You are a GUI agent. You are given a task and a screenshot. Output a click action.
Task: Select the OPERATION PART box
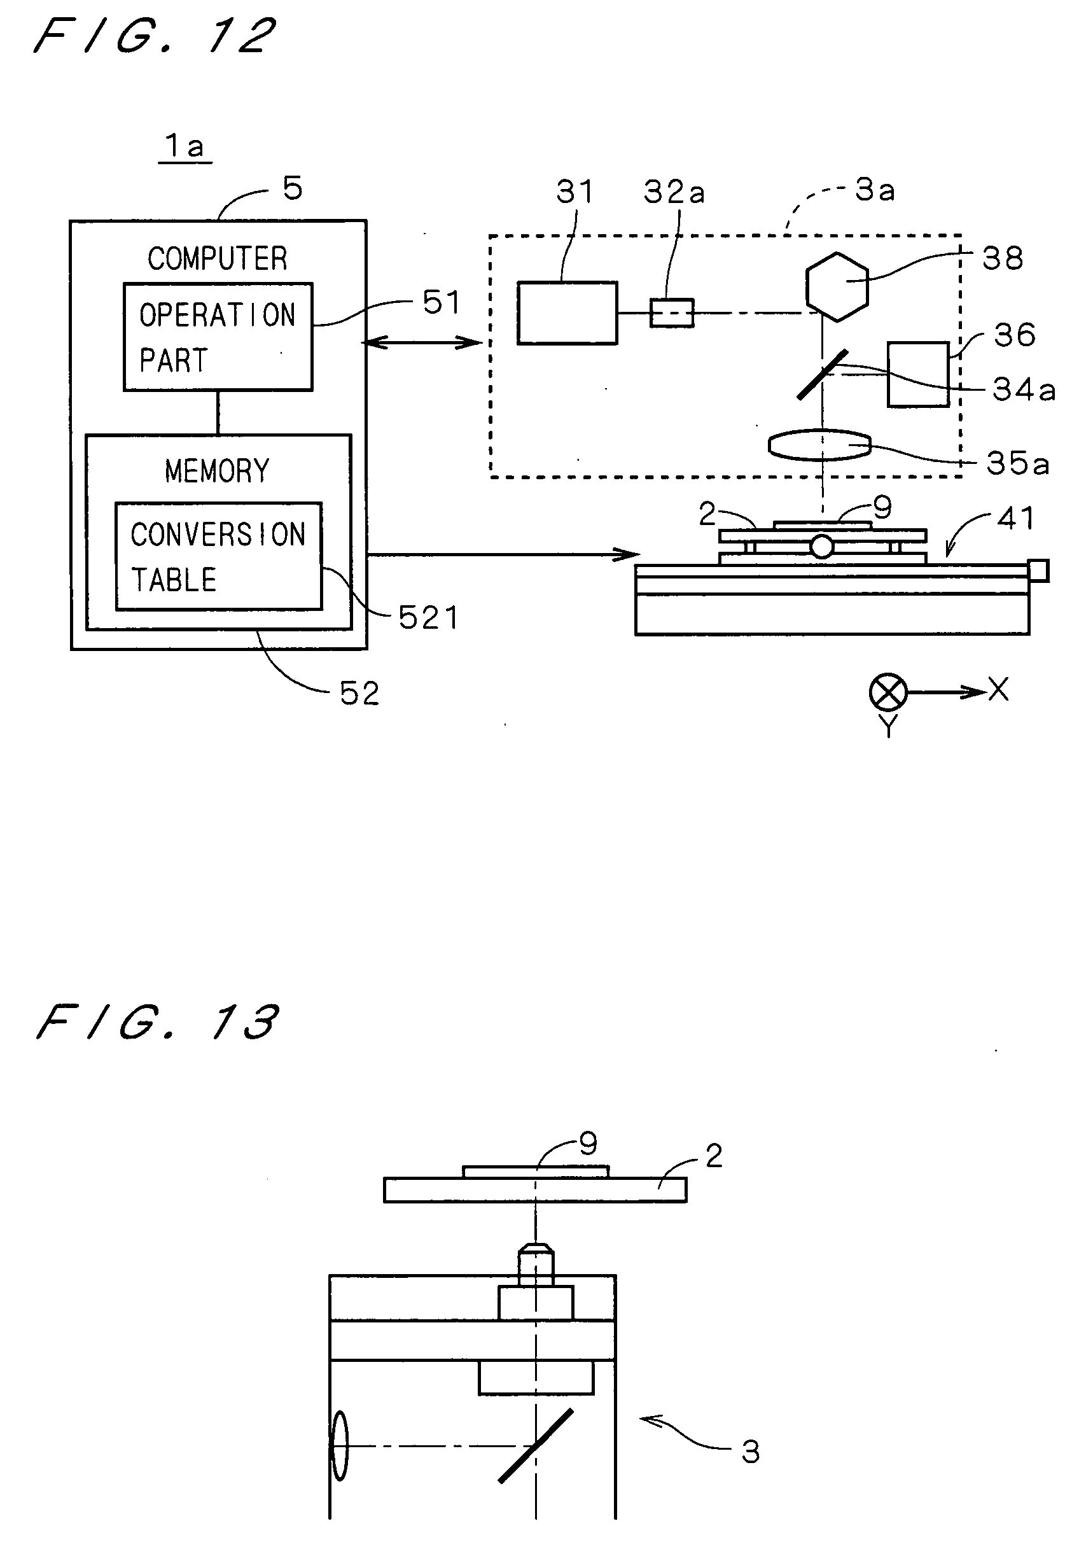click(x=218, y=337)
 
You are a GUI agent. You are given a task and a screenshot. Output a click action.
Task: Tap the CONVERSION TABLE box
click(x=218, y=556)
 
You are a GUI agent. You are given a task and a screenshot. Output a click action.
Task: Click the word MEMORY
click(x=217, y=471)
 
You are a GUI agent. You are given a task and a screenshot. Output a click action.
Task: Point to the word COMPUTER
click(x=218, y=258)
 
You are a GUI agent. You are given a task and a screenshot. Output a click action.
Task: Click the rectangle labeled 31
click(x=567, y=313)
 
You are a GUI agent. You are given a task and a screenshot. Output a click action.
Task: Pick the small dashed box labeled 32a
click(x=671, y=314)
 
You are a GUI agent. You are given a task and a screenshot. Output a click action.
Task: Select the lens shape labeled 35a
click(x=820, y=445)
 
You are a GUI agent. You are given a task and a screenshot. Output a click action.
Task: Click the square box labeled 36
click(x=918, y=374)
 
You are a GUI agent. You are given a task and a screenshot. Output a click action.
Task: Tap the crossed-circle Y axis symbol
click(x=888, y=692)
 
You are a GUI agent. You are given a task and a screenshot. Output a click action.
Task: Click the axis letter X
click(x=998, y=689)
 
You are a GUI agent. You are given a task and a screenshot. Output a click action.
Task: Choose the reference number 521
click(x=428, y=617)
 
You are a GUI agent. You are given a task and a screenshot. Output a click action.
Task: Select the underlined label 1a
click(x=184, y=146)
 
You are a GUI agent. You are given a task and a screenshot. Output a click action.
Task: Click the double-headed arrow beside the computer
click(x=423, y=343)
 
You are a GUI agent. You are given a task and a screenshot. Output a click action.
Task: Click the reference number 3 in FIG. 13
click(x=751, y=1453)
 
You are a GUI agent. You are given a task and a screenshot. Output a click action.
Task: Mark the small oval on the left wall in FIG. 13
click(x=340, y=1446)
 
